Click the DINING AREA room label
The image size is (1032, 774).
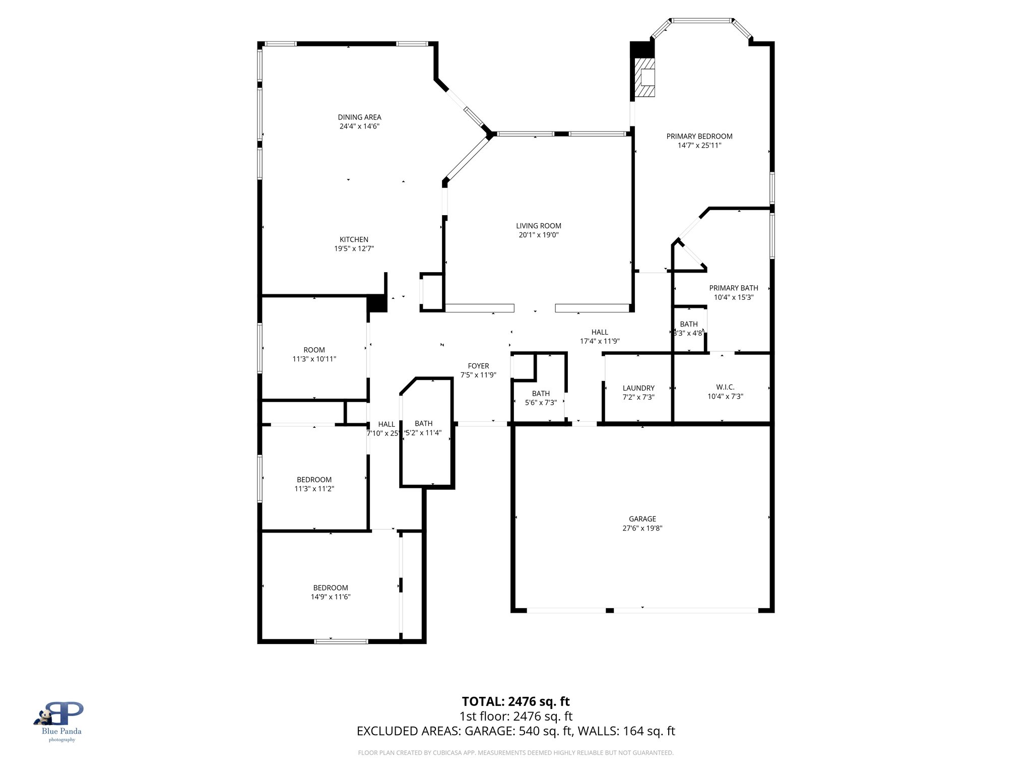click(359, 117)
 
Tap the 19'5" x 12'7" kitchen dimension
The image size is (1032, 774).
click(354, 248)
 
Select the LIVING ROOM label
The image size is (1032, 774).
click(538, 226)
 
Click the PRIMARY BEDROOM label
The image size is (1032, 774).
click(699, 136)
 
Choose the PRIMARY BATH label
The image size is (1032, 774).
click(733, 288)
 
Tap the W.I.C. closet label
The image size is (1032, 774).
click(725, 387)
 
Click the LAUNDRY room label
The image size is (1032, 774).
click(638, 388)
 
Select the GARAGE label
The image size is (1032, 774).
click(642, 519)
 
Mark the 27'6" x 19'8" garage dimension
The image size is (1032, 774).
click(642, 528)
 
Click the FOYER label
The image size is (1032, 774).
click(478, 366)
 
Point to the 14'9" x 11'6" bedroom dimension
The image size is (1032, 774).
click(331, 597)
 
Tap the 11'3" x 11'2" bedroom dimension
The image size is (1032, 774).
click(314, 489)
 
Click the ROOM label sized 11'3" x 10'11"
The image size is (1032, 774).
click(314, 350)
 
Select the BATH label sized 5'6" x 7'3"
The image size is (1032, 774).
click(541, 394)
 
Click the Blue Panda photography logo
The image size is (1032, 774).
click(61, 721)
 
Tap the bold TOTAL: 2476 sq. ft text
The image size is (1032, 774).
click(515, 701)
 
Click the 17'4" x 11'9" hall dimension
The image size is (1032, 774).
click(600, 341)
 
